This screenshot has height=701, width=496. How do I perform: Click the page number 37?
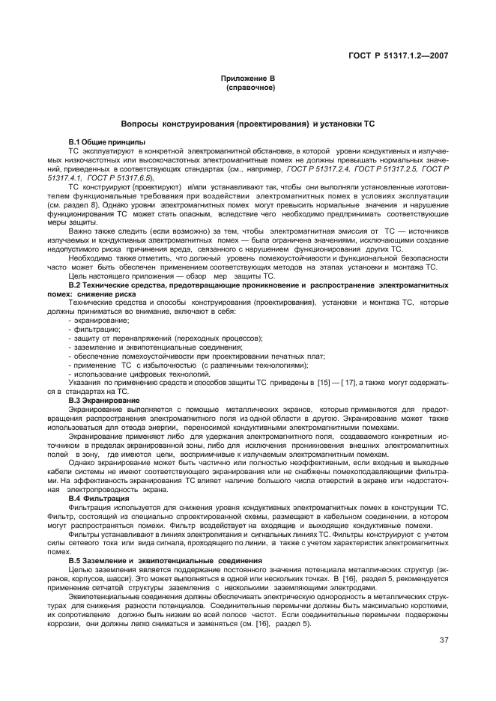(445, 640)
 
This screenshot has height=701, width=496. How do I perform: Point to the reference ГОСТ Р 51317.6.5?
(120, 179)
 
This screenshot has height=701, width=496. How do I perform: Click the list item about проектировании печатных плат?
(198, 356)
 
